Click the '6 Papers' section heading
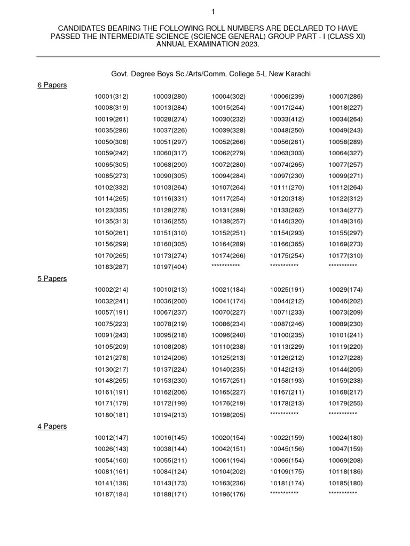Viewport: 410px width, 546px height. (x=52, y=85)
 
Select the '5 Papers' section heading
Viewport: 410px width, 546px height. (x=52, y=278)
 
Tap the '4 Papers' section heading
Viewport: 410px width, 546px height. (x=52, y=426)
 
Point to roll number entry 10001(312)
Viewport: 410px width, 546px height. (x=112, y=97)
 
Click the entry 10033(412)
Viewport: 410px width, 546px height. (x=287, y=119)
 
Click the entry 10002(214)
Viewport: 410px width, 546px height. (x=112, y=290)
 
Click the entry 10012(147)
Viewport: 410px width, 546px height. (x=112, y=438)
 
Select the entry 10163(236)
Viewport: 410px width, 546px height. (x=228, y=483)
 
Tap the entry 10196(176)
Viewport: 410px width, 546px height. (x=228, y=494)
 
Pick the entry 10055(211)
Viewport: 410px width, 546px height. (x=170, y=460)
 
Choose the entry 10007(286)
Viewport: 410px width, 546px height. (x=346, y=97)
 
